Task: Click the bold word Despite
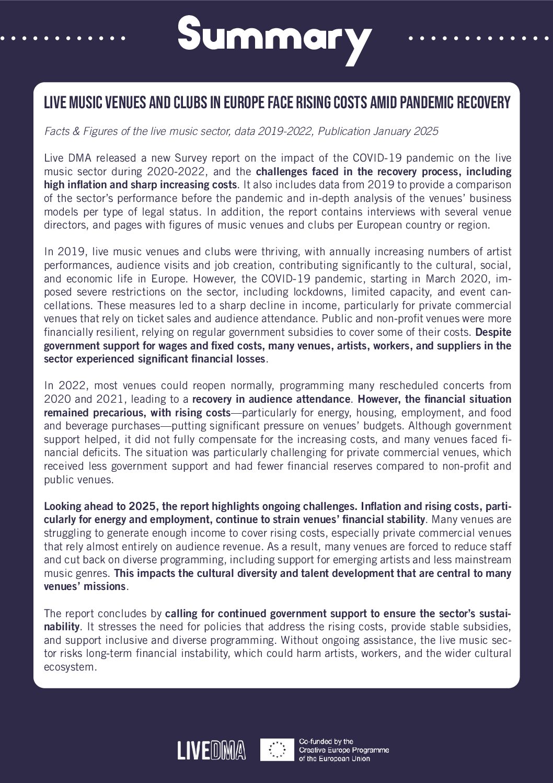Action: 493,332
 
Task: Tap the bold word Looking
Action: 63,506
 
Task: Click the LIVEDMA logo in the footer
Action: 211,751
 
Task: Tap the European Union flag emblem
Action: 276,750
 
